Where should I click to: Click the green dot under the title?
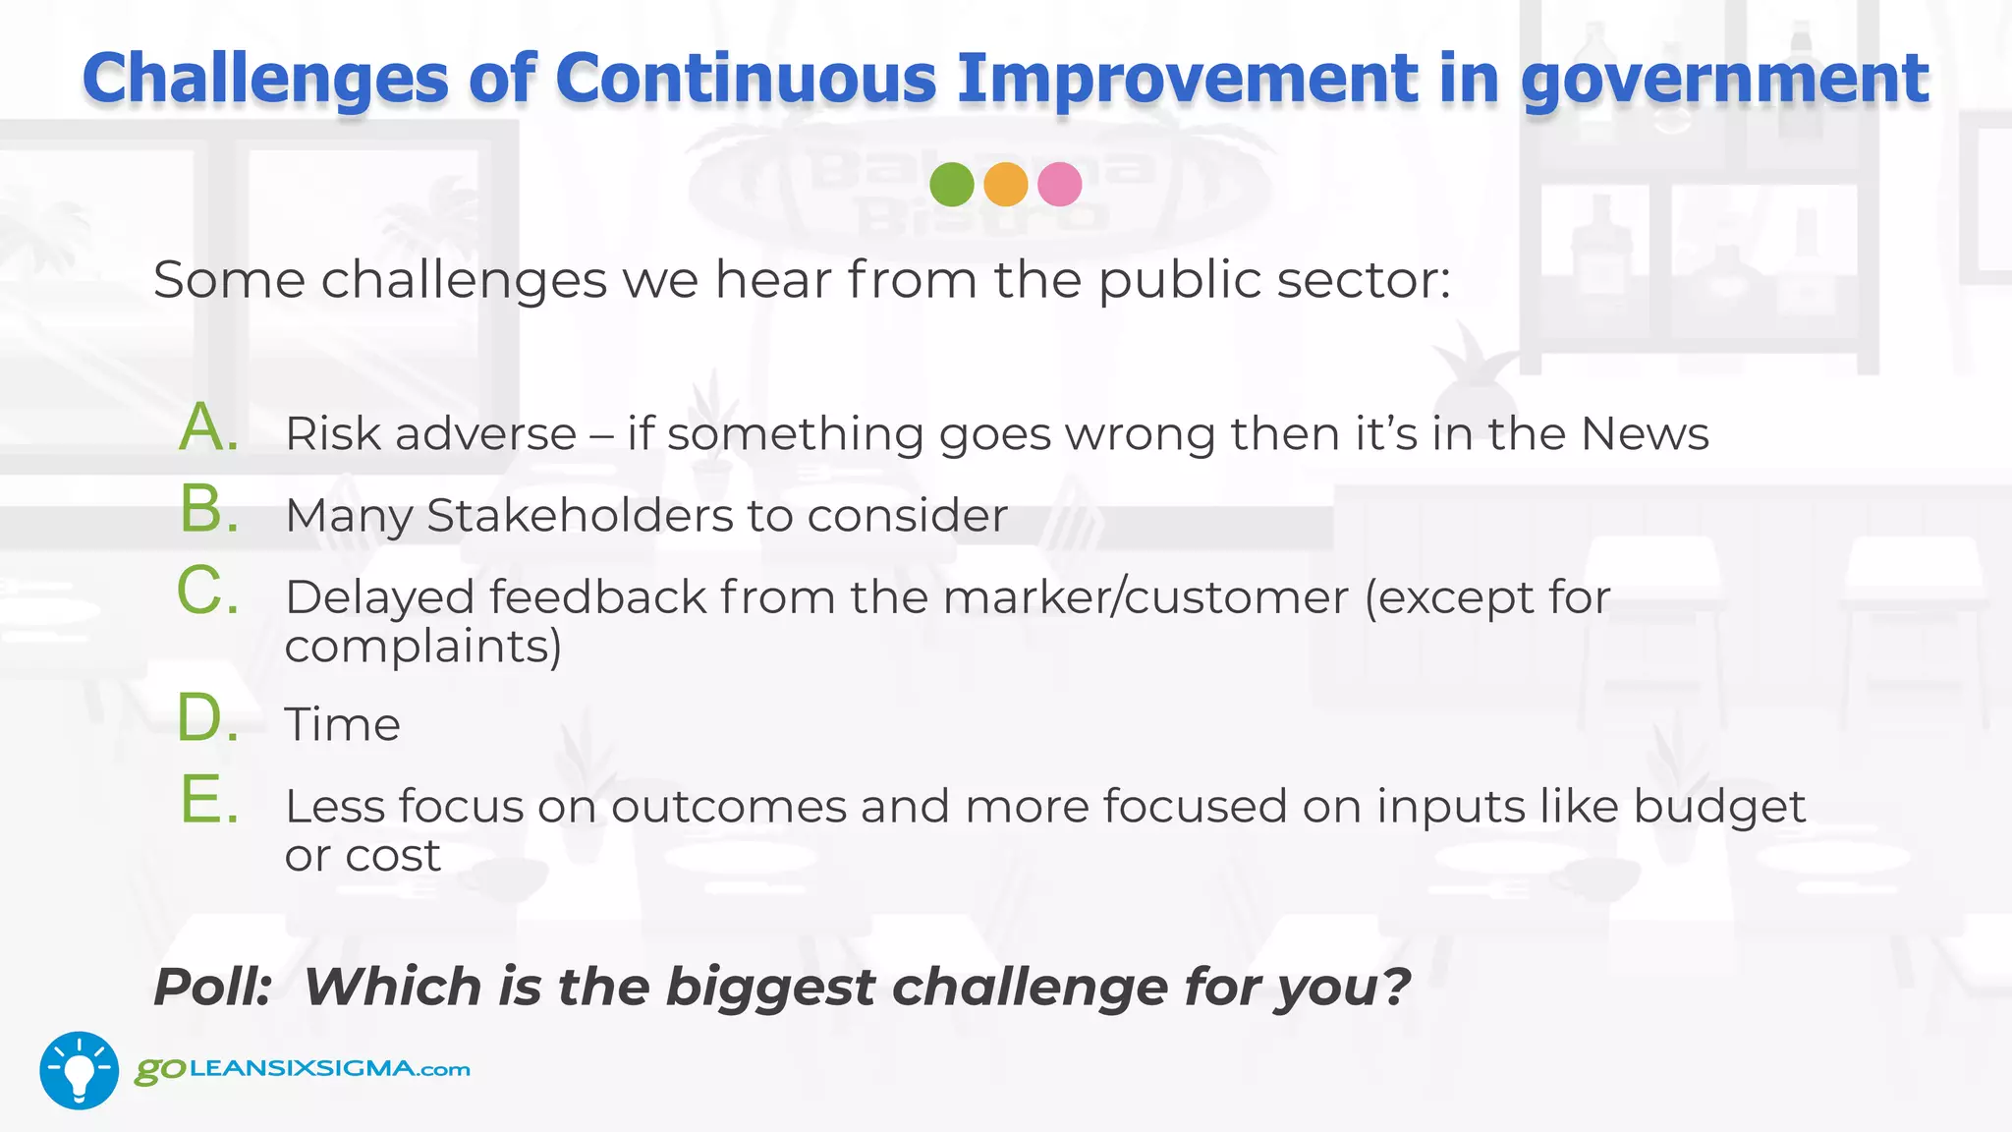951,184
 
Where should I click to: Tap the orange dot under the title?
1005,184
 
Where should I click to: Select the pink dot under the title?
1059,184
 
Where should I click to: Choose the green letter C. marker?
208,592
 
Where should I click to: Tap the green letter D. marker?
208,718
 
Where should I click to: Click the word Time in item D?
342,725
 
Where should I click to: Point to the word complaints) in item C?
422,647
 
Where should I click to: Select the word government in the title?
1725,80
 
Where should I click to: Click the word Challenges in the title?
265,80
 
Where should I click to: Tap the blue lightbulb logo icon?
79,1070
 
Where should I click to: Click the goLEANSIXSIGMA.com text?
303,1069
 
